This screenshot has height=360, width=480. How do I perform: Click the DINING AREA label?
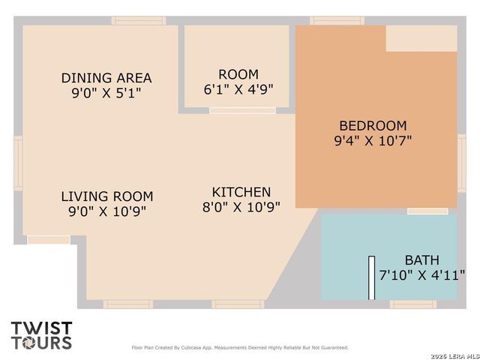tap(106, 78)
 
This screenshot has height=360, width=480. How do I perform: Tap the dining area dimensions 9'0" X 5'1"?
tap(106, 93)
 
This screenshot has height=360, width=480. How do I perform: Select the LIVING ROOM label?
tap(107, 196)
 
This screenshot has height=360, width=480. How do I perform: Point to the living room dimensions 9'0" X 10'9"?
tap(107, 211)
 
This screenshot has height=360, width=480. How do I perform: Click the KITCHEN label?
tap(241, 192)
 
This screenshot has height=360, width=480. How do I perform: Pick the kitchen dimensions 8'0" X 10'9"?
tap(241, 207)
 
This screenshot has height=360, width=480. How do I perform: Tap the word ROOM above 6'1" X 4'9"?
tap(238, 75)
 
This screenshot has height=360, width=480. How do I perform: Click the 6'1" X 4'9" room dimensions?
tap(238, 89)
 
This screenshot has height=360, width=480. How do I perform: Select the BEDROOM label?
tap(373, 126)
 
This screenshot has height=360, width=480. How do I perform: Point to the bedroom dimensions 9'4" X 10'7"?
tap(373, 141)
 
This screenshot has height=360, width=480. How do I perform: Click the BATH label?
tap(421, 260)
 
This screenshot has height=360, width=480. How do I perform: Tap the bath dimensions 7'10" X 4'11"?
tap(421, 275)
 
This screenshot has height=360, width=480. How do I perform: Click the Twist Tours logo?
tap(42, 335)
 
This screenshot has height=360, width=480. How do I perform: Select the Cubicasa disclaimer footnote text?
tap(240, 348)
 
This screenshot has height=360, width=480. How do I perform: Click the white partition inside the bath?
tap(372, 278)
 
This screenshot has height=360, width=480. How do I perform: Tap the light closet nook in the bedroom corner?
tap(421, 38)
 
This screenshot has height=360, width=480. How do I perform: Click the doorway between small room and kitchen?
tap(242, 111)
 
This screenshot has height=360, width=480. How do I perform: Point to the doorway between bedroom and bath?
tap(427, 211)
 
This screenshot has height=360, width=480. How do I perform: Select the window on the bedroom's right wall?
tap(462, 163)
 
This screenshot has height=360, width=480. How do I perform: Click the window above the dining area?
tap(139, 21)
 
